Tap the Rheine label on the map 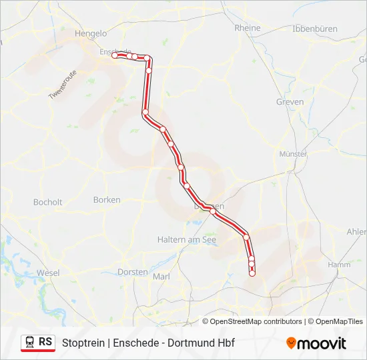tap(248, 28)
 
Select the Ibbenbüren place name tap(315, 29)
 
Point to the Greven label tap(290, 102)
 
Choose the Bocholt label tap(47, 202)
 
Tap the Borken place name tap(107, 199)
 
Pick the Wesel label tap(48, 273)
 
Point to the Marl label tap(162, 277)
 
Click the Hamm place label tap(339, 265)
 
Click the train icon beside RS tap(29, 343)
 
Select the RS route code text tap(45, 343)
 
